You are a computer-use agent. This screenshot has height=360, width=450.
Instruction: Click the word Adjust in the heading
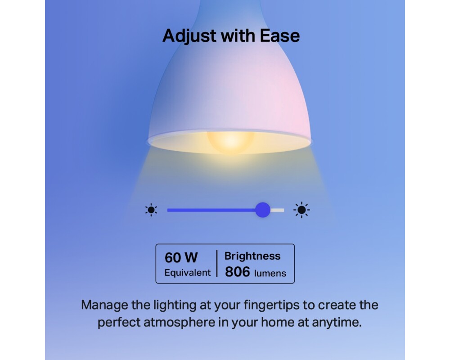pos(189,36)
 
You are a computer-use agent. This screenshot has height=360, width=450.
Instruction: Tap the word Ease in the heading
pos(280,36)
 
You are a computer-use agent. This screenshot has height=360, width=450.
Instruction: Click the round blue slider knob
pos(263,210)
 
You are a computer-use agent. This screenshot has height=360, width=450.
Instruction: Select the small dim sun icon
pos(151,210)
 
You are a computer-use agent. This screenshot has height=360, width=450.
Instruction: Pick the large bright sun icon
pos(301,210)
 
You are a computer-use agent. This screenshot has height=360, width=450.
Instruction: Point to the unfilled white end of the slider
pos(277,210)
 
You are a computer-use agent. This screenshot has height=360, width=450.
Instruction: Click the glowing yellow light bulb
pos(230,142)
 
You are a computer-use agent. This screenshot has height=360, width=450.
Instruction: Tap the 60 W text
pos(181,257)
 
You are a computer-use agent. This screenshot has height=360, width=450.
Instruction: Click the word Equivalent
pos(187,273)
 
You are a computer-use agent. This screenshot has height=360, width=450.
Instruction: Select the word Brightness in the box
pos(252,256)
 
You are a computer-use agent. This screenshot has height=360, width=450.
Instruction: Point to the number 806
pos(237,272)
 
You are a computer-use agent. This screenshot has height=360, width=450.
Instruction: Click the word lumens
pos(270,273)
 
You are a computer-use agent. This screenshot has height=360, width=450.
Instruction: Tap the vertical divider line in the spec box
pos(217,263)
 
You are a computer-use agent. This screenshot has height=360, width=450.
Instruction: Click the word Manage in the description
pos(104,305)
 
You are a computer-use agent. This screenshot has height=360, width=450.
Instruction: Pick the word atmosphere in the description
pos(180,322)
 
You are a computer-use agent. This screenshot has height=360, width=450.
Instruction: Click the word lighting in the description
pos(175,305)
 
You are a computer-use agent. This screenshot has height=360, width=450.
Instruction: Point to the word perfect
pos(119,322)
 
